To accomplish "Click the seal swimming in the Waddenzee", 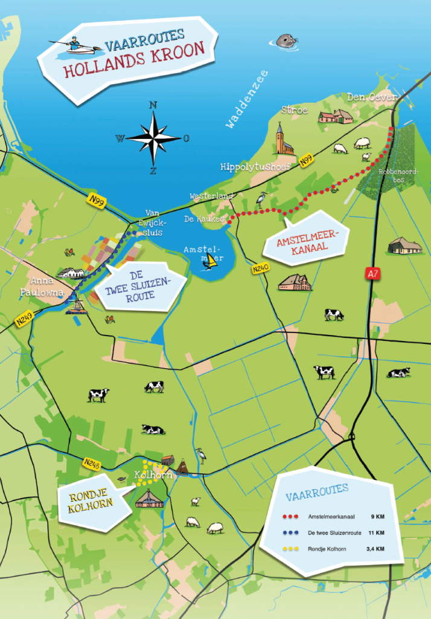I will [287, 41].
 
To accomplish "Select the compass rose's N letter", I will [153, 105].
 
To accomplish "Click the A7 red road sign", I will [372, 274].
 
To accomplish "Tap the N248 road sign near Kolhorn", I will [91, 464].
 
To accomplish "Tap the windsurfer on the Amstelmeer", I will [209, 262].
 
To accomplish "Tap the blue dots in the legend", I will [292, 533].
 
